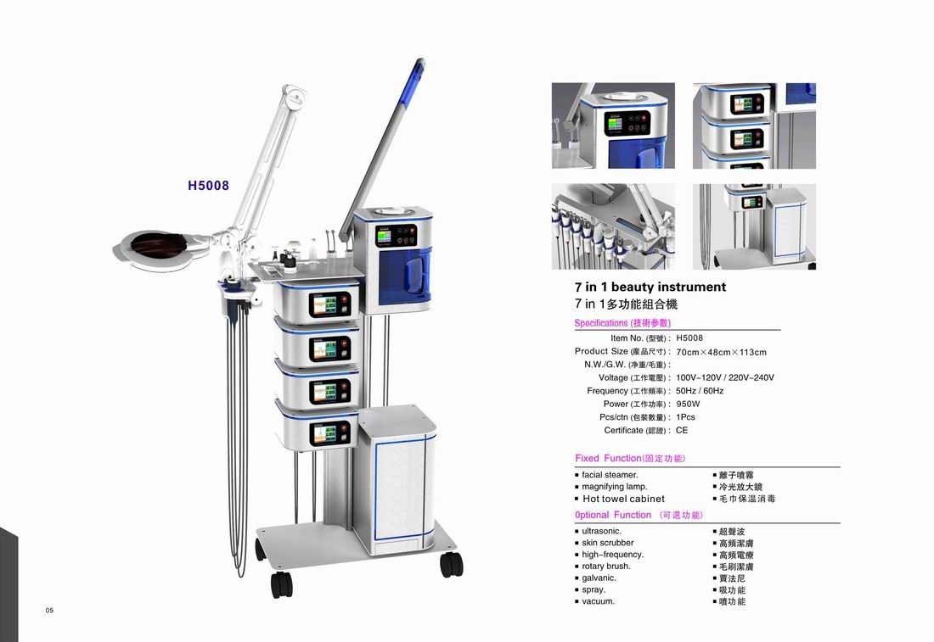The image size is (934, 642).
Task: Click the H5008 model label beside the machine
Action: coord(209,186)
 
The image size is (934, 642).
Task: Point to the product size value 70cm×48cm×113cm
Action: coord(721,352)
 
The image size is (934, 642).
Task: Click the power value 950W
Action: coord(688,404)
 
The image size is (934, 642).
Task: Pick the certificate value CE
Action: coord(682,430)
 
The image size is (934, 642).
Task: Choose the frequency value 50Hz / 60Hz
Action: coord(700,391)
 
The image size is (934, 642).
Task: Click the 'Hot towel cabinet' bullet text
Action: coord(623,499)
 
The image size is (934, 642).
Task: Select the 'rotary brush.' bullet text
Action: coord(606,566)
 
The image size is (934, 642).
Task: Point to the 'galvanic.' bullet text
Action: coord(599,578)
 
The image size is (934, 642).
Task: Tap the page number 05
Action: coord(50,610)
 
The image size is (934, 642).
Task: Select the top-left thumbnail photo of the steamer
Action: coord(613,126)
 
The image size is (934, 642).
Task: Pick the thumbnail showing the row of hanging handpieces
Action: coord(613,226)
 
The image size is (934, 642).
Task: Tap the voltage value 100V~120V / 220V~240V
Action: coord(725,377)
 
